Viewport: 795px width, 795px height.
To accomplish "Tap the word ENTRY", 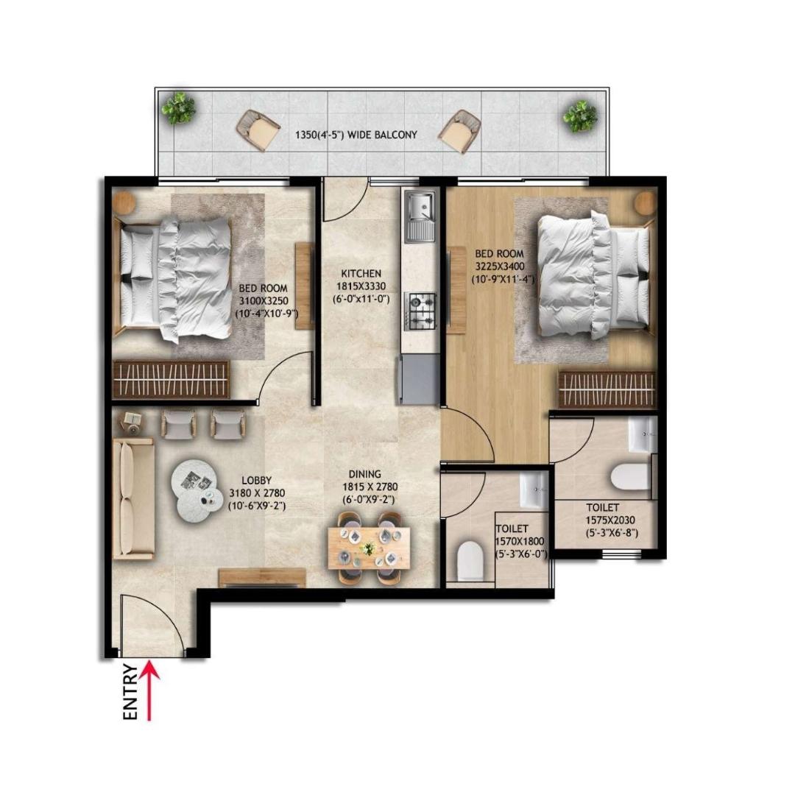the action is [130, 692].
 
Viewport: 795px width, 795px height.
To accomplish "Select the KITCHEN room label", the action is [361, 274].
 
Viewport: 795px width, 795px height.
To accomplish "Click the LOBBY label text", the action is [257, 480].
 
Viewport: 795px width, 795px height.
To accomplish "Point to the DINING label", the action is [365, 474].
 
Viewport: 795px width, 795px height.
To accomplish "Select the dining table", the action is [369, 548].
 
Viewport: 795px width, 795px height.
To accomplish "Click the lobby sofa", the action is [133, 499].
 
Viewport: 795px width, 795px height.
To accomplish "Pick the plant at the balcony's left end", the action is [178, 107].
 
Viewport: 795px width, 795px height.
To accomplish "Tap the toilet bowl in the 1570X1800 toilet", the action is [470, 560].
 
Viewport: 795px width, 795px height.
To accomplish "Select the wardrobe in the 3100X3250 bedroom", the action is [172, 379].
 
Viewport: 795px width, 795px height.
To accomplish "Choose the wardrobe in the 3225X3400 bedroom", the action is [607, 389].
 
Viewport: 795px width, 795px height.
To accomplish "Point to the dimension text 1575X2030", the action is [610, 520].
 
